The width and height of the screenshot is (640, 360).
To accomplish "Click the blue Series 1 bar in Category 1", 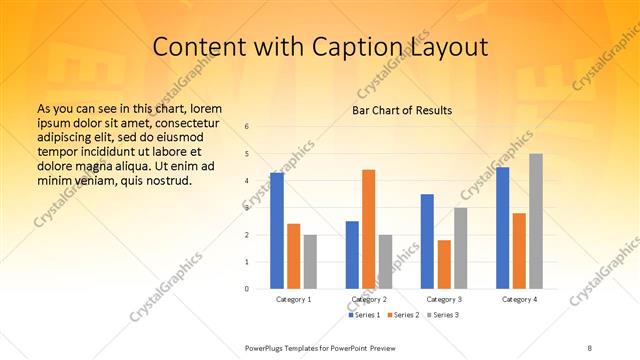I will [277, 231].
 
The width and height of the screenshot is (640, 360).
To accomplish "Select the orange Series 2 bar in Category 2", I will [368, 229].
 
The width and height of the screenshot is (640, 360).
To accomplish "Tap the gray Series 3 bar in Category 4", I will [536, 221].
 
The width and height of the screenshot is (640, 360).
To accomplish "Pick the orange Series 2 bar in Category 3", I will [444, 264].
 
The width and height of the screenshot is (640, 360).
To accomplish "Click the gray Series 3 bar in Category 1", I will [310, 262].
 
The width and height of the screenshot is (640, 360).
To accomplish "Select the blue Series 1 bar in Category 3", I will [427, 241].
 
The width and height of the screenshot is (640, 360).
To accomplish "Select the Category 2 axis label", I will [369, 299].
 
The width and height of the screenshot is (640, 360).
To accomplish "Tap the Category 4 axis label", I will [519, 299].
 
